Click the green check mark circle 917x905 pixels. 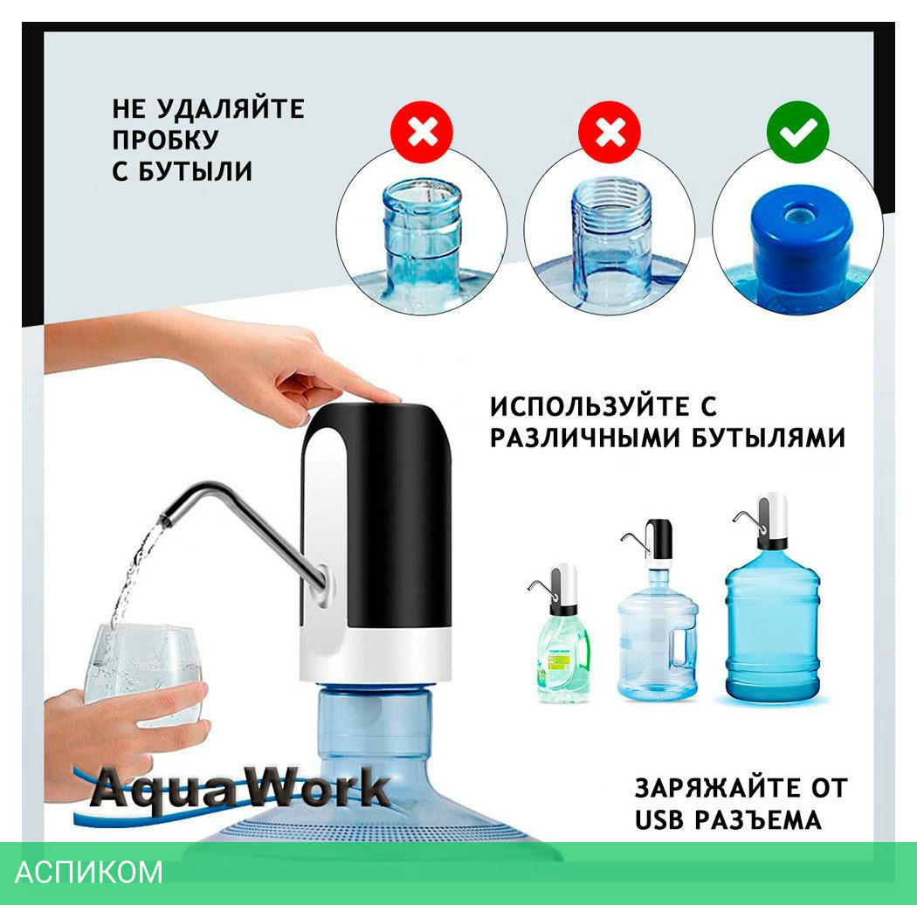797,132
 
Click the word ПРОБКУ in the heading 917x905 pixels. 166,140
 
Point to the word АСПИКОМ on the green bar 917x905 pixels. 89,872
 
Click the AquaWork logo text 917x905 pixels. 240,790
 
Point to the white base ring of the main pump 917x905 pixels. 376,656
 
